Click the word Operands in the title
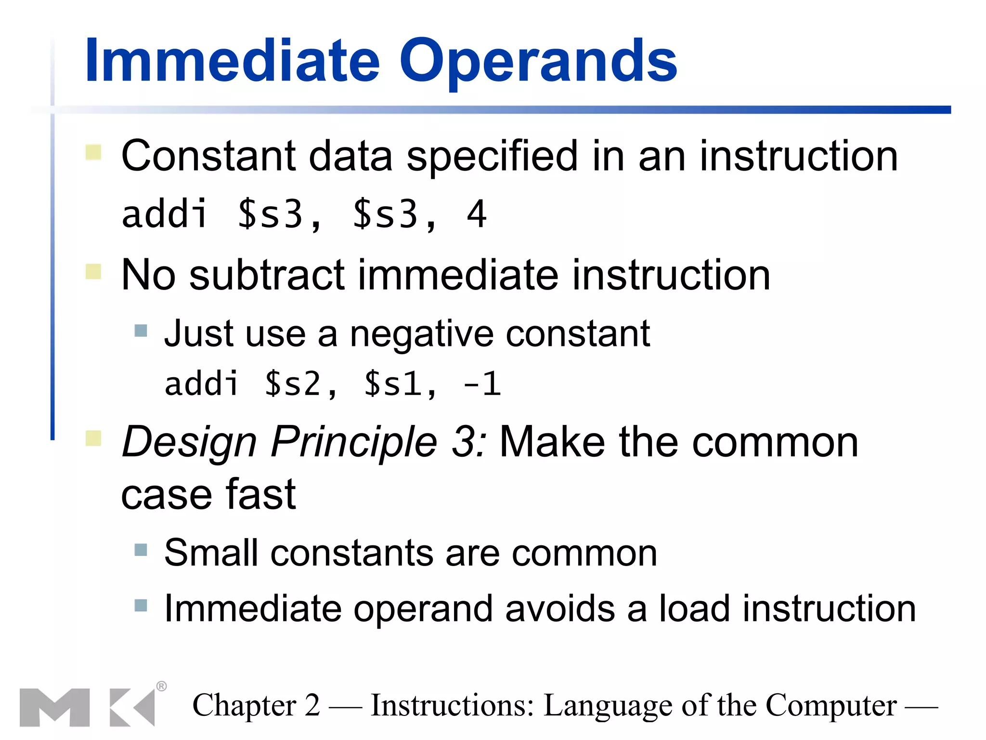[x=538, y=62]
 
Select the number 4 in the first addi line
[x=477, y=214]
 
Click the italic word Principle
[x=354, y=442]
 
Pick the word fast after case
[x=260, y=495]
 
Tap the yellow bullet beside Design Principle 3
[x=93, y=439]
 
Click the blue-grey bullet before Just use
[x=141, y=330]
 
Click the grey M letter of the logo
[x=54, y=707]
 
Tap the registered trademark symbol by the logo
[x=162, y=686]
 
